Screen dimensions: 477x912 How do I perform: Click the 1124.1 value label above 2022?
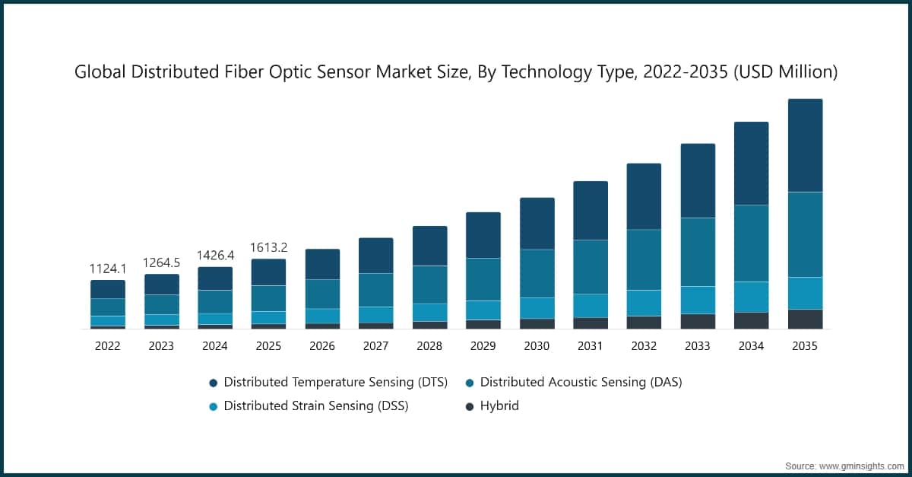[x=108, y=269]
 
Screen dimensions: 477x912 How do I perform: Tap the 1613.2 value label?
[x=268, y=248]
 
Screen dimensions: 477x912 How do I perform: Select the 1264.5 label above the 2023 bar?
[x=161, y=263]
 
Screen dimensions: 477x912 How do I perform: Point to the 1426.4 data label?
[x=215, y=256]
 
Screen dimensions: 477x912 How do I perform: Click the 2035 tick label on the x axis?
[x=805, y=346]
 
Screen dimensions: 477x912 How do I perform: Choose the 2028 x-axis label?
[x=429, y=346]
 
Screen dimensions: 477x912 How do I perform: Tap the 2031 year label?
[x=591, y=346]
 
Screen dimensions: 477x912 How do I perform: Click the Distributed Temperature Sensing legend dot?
[x=213, y=383]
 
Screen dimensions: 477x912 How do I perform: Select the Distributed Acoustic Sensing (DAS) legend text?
[x=581, y=382]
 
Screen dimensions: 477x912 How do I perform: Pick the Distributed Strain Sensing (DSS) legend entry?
[x=315, y=405]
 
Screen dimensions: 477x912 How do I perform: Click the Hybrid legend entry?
[x=499, y=405]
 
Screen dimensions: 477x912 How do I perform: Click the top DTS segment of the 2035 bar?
[x=805, y=145]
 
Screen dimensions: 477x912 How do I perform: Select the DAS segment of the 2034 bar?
[x=751, y=243]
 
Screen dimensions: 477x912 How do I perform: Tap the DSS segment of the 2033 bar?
[x=698, y=300]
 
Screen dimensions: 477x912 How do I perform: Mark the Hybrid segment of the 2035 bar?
[x=805, y=319]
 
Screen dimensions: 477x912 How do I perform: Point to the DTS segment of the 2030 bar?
[x=537, y=223]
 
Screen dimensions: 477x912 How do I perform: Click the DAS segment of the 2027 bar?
[x=375, y=290]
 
